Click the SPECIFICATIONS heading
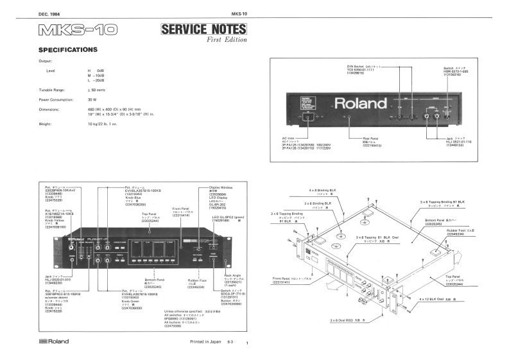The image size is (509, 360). click(x=67, y=49)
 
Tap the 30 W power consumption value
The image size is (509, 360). click(x=92, y=100)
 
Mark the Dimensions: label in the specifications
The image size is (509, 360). click(x=50, y=110)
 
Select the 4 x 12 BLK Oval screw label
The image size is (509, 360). click(x=433, y=299)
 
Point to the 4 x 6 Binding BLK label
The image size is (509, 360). click(x=322, y=191)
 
